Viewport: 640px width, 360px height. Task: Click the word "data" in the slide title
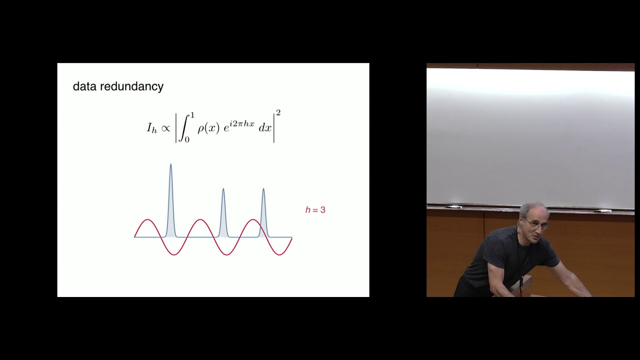click(x=84, y=86)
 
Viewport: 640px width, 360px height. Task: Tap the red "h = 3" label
click(x=315, y=210)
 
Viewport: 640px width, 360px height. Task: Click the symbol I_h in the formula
click(x=151, y=128)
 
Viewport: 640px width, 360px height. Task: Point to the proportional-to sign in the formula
click(x=165, y=128)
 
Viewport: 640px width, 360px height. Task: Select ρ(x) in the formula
click(x=207, y=128)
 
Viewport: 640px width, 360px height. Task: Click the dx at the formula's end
click(x=265, y=128)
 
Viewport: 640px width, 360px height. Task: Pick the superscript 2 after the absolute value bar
click(x=278, y=113)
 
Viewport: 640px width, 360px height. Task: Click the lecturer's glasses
click(x=537, y=224)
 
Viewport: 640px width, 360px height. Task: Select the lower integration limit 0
click(x=187, y=140)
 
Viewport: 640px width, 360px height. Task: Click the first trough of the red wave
click(x=174, y=254)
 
